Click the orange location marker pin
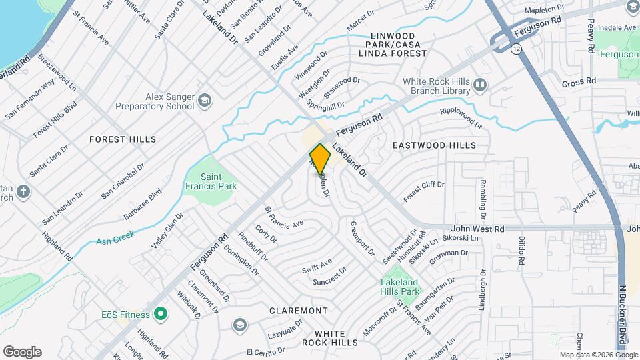point(320,159)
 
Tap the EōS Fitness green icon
point(160,313)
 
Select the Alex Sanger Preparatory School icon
point(204,101)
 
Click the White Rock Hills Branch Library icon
point(480,85)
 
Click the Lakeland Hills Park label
point(400,287)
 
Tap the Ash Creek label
point(115,237)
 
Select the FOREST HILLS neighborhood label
point(123,139)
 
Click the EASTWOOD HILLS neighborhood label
point(434,145)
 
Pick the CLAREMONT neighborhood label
point(299,311)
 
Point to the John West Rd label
point(479,229)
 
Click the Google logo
point(22,352)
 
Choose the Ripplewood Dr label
point(460,116)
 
